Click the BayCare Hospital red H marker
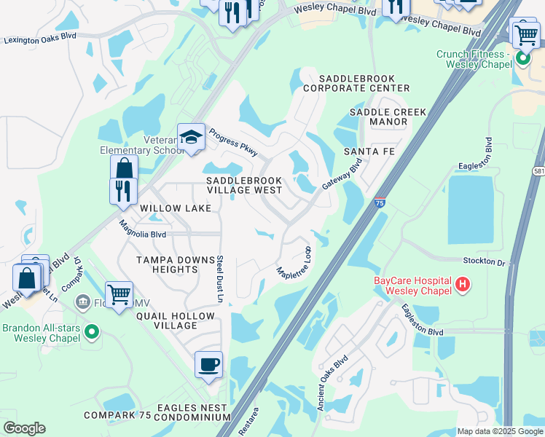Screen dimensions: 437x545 461,283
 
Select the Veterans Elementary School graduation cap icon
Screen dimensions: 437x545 191,137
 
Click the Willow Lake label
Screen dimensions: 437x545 176,208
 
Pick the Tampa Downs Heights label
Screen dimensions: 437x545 168,264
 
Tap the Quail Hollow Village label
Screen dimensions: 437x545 175,321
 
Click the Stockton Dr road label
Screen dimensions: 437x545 484,260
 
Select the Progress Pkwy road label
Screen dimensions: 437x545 233,142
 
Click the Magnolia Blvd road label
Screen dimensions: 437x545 143,230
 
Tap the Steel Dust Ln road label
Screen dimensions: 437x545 219,279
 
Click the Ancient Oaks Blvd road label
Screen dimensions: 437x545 332,383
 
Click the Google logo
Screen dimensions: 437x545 24,428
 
